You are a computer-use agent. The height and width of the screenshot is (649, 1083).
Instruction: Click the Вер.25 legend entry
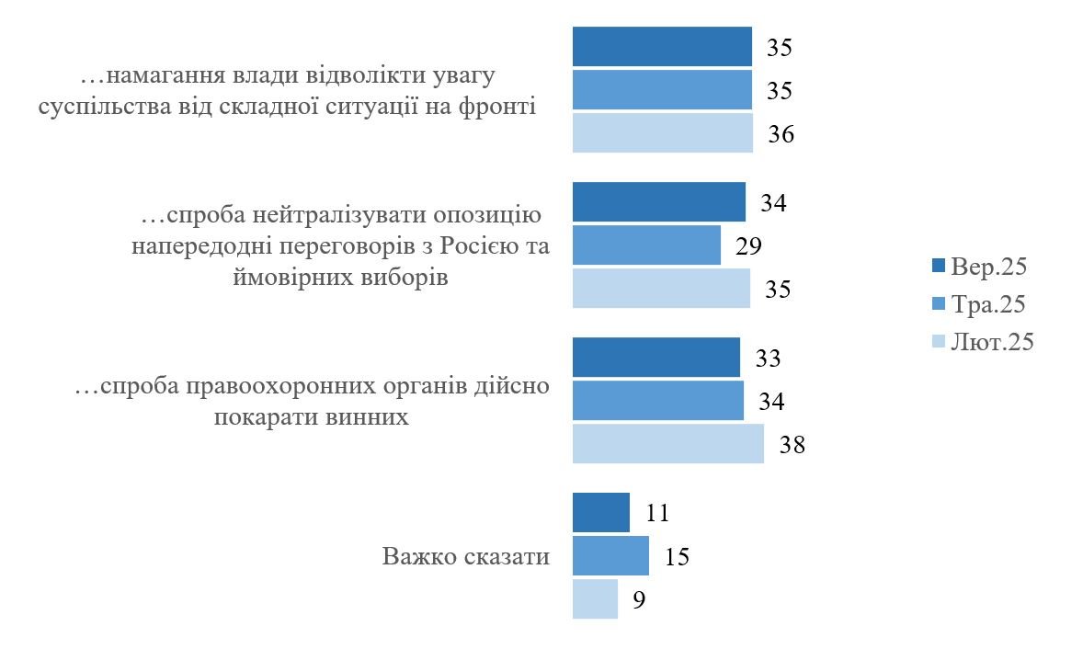pyautogui.click(x=978, y=267)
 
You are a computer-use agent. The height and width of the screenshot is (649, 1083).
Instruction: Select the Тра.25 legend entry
pyautogui.click(x=978, y=304)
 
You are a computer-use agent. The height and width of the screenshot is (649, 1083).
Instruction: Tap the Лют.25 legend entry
pyautogui.click(x=982, y=342)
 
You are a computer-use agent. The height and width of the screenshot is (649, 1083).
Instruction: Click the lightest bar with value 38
pyautogui.click(x=667, y=444)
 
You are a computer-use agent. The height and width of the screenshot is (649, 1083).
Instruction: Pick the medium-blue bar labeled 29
pyautogui.click(x=646, y=245)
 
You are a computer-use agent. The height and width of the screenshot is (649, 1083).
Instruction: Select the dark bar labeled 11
pyautogui.click(x=600, y=512)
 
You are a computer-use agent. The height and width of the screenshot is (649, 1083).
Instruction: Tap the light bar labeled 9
pyautogui.click(x=595, y=599)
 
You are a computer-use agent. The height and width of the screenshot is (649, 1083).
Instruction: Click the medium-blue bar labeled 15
pyautogui.click(x=610, y=556)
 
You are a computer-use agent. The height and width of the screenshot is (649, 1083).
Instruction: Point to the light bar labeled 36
pyautogui.click(x=662, y=133)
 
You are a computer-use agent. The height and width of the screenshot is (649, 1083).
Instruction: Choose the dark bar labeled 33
pyautogui.click(x=655, y=357)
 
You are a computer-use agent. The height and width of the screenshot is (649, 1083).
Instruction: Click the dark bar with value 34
pyautogui.click(x=658, y=202)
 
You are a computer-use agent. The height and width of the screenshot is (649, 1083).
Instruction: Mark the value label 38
pyautogui.click(x=792, y=446)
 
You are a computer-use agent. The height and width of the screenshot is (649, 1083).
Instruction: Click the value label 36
pyautogui.click(x=781, y=134)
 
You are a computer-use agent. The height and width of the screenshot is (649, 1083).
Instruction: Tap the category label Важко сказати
pyautogui.click(x=466, y=557)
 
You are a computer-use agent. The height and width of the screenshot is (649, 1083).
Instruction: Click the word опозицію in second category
pyautogui.click(x=484, y=216)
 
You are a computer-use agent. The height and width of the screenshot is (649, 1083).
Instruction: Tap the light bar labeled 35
pyautogui.click(x=661, y=289)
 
